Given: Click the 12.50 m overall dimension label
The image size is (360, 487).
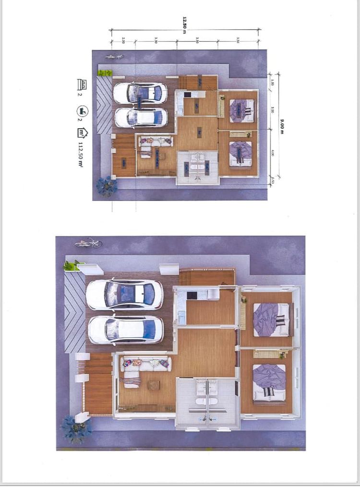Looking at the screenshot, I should (x=184, y=25).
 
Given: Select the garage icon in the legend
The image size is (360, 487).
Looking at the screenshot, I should (x=82, y=85).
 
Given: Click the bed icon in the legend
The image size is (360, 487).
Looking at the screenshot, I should (x=82, y=111).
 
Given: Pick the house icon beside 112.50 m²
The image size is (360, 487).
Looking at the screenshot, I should (x=82, y=133).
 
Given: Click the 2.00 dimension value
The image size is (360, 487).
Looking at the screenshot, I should (x=123, y=40).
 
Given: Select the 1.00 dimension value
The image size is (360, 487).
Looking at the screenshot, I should (x=273, y=83).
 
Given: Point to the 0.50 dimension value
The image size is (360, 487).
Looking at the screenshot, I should (x=273, y=181).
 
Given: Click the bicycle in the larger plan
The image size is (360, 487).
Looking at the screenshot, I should (x=88, y=243).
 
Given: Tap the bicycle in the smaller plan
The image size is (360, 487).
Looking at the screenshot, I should (x=114, y=57).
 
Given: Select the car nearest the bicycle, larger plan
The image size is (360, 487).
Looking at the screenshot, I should (x=125, y=294).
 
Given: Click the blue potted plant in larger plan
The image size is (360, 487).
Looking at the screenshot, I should (x=75, y=428).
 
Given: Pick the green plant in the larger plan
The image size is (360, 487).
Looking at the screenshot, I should (x=72, y=265).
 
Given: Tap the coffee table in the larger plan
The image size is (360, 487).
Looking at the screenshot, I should (x=154, y=385).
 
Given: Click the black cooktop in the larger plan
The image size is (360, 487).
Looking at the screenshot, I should (x=192, y=295).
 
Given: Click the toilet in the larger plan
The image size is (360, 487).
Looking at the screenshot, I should (x=207, y=401).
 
